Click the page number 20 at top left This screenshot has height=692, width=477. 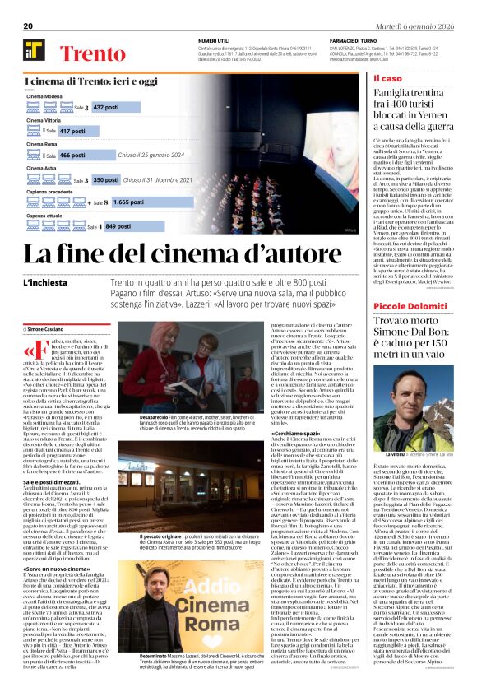click(x=27, y=26)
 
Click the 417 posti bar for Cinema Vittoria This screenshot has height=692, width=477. click(x=78, y=131)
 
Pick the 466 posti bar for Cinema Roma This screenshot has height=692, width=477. click(x=77, y=155)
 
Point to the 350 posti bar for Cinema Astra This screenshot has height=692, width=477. click(x=106, y=179)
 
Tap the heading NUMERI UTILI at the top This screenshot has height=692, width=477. click(x=214, y=40)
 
